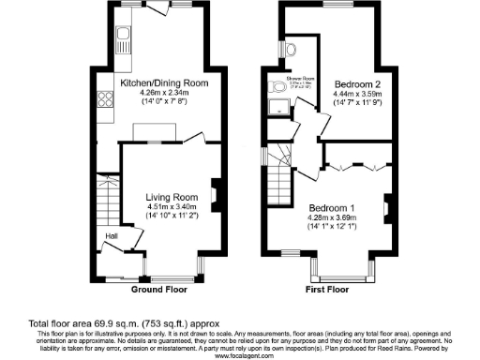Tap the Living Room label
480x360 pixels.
[x=170, y=197]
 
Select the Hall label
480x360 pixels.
[x=111, y=236]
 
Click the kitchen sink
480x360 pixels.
[x=124, y=40]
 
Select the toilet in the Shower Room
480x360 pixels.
[x=277, y=87]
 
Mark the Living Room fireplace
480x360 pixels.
[x=215, y=193]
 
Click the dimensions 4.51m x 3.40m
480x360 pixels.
[x=171, y=206]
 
